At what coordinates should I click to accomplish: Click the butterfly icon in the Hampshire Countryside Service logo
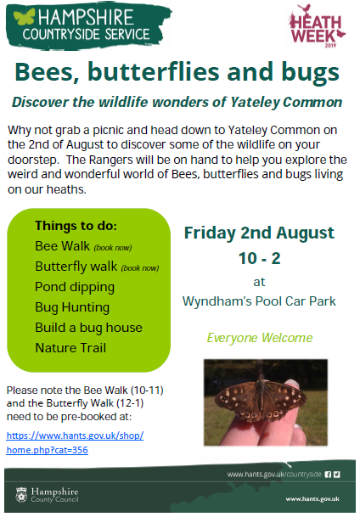[25, 16]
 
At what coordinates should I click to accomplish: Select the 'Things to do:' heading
[76, 226]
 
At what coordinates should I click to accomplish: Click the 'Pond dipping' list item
[75, 288]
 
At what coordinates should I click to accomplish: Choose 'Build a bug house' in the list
[88, 328]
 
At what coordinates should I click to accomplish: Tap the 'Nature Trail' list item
[70, 348]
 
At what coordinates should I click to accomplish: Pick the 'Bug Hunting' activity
[72, 307]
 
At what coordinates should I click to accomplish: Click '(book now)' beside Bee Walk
[113, 248]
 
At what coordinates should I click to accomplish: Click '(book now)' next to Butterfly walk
[140, 268]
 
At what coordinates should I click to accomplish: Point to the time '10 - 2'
[260, 258]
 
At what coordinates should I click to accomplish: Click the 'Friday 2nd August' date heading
[259, 233]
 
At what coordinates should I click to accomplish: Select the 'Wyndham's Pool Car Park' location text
[259, 301]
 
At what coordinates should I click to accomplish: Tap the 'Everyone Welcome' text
[260, 338]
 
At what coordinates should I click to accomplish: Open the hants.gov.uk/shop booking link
[75, 443]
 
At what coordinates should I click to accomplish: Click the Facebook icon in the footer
[328, 475]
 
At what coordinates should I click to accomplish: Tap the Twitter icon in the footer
[336, 475]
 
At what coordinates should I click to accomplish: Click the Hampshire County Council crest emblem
[21, 495]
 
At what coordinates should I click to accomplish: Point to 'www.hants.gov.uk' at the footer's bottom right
[312, 499]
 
